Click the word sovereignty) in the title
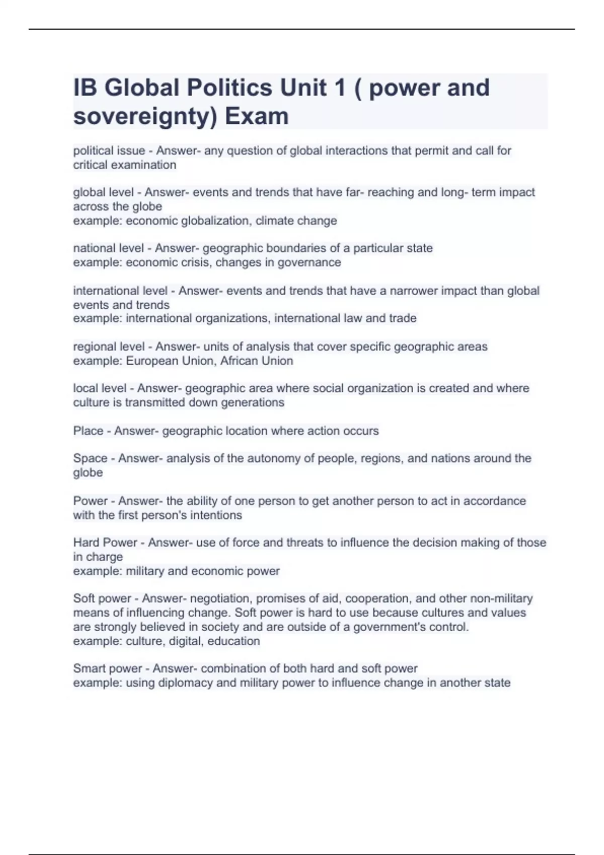point(145,116)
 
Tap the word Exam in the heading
point(257,116)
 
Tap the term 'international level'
point(120,291)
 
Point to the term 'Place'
point(88,431)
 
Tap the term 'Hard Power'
point(105,542)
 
